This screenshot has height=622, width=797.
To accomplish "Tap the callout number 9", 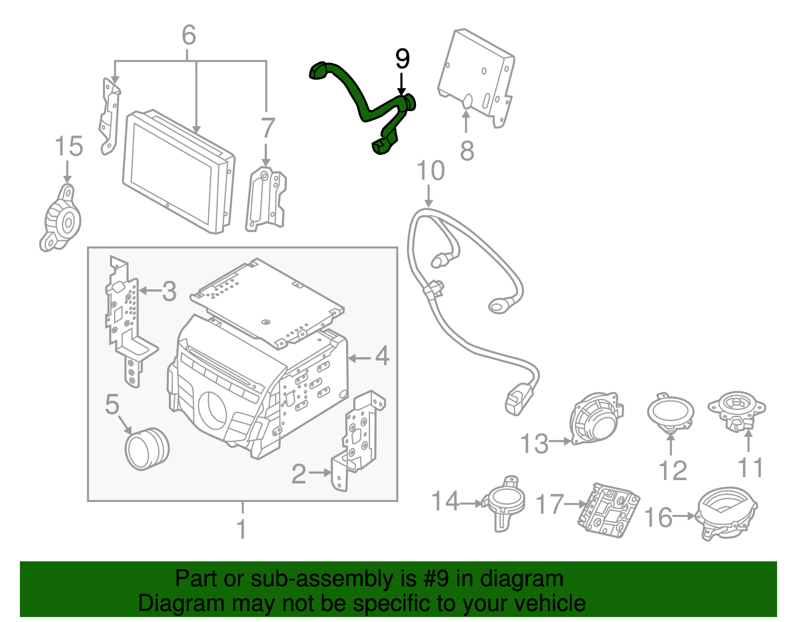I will [402, 59].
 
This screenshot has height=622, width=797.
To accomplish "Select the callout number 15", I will [68, 147].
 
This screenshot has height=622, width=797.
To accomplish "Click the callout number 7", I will [268, 128].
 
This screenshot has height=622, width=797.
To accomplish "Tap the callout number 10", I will [430, 171].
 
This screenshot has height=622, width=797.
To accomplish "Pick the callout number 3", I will [169, 291].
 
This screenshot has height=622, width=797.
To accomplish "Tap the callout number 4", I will [382, 357].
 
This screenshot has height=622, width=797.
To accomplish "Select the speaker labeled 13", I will [596, 418].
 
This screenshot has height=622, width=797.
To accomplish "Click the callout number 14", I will [445, 501].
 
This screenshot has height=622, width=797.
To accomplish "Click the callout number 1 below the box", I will [242, 529].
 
